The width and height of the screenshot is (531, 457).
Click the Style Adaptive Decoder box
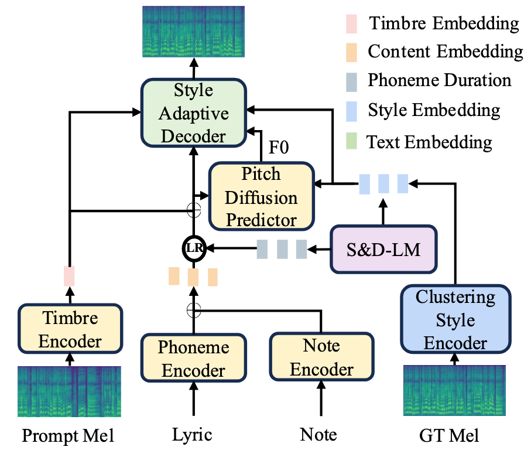[x=193, y=113]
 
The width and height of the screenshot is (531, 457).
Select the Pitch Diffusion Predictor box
[x=262, y=196]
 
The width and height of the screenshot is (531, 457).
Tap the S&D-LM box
[x=383, y=249]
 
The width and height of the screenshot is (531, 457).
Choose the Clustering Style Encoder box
[x=455, y=319]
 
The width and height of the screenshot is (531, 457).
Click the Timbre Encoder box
[x=70, y=329]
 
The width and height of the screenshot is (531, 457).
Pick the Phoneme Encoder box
[x=193, y=358]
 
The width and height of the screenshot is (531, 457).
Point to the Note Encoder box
[x=322, y=357]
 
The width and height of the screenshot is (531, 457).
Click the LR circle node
[x=194, y=248]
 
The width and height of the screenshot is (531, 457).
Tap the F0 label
[x=279, y=147]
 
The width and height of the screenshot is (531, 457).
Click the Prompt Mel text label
[x=68, y=435]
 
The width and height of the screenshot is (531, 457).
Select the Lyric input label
[x=192, y=435]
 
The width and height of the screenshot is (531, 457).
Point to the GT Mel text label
[x=449, y=436]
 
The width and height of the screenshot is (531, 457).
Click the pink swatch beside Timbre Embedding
[x=351, y=24]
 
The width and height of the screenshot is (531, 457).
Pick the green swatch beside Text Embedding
[x=351, y=141]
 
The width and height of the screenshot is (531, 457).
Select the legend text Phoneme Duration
[x=440, y=80]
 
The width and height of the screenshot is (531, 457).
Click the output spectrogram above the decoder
[x=193, y=32]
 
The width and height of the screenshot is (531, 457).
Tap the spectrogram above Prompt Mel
[x=69, y=391]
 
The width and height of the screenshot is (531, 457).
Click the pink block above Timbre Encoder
[x=69, y=276]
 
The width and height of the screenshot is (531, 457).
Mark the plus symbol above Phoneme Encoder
[x=194, y=310]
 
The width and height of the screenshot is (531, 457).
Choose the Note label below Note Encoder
[x=318, y=434]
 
